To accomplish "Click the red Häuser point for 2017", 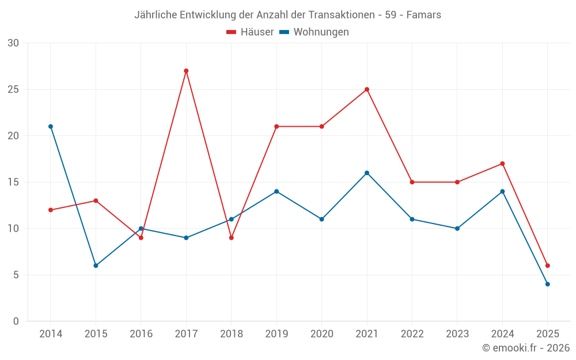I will pyautogui.click(x=186, y=71).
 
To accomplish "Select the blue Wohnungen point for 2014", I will pyautogui.click(x=51, y=127).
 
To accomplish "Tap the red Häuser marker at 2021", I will pyautogui.click(x=367, y=89).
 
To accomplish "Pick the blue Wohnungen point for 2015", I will pyautogui.click(x=96, y=266).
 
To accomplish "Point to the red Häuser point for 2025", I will pyautogui.click(x=547, y=266).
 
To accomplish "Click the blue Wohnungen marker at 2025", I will pyautogui.click(x=547, y=284).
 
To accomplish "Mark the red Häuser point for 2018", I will pyautogui.click(x=231, y=238).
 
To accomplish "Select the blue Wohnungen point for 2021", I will pyautogui.click(x=367, y=173).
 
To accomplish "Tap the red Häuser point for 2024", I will pyautogui.click(x=502, y=164).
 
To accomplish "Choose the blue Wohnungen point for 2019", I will pyautogui.click(x=276, y=191).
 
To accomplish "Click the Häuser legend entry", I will pyautogui.click(x=250, y=32).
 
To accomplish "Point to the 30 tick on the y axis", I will pyautogui.click(x=13, y=43).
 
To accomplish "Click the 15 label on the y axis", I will pyautogui.click(x=13, y=182).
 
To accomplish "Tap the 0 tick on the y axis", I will pyautogui.click(x=16, y=321).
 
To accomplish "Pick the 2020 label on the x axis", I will pyautogui.click(x=321, y=334).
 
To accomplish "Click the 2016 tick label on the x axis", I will pyautogui.click(x=141, y=334).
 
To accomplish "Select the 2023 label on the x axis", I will pyautogui.click(x=457, y=334).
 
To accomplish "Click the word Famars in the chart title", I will pyautogui.click(x=424, y=15).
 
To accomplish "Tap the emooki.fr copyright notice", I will pyautogui.click(x=526, y=348).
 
